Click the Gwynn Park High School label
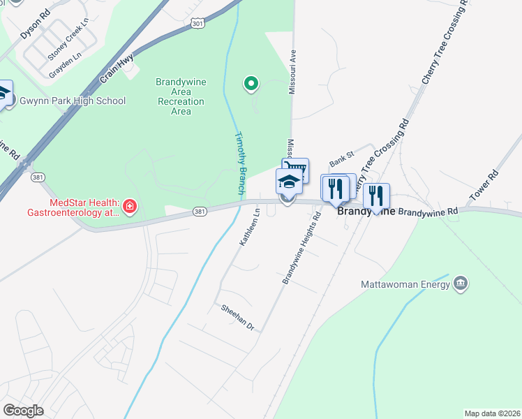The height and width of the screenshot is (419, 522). coord(73,101)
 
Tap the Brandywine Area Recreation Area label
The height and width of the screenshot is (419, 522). coord(181,96)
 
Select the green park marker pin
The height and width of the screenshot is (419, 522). coord(251,85)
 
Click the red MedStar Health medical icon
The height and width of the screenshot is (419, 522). coord(129,206)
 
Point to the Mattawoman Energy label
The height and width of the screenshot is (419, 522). coord(404,284)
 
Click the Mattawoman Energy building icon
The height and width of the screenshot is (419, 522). coord(461,283)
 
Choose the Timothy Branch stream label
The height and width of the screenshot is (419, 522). coord(239,163)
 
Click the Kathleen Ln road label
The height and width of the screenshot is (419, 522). coord(249,225)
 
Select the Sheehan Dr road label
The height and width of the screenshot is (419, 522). coord(237,316)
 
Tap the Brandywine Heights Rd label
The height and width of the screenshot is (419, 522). coord(301,248)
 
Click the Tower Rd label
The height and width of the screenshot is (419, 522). coord(484,186)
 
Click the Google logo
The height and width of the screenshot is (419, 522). coord(23,410)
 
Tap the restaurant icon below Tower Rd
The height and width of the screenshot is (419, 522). coord(376,195)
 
